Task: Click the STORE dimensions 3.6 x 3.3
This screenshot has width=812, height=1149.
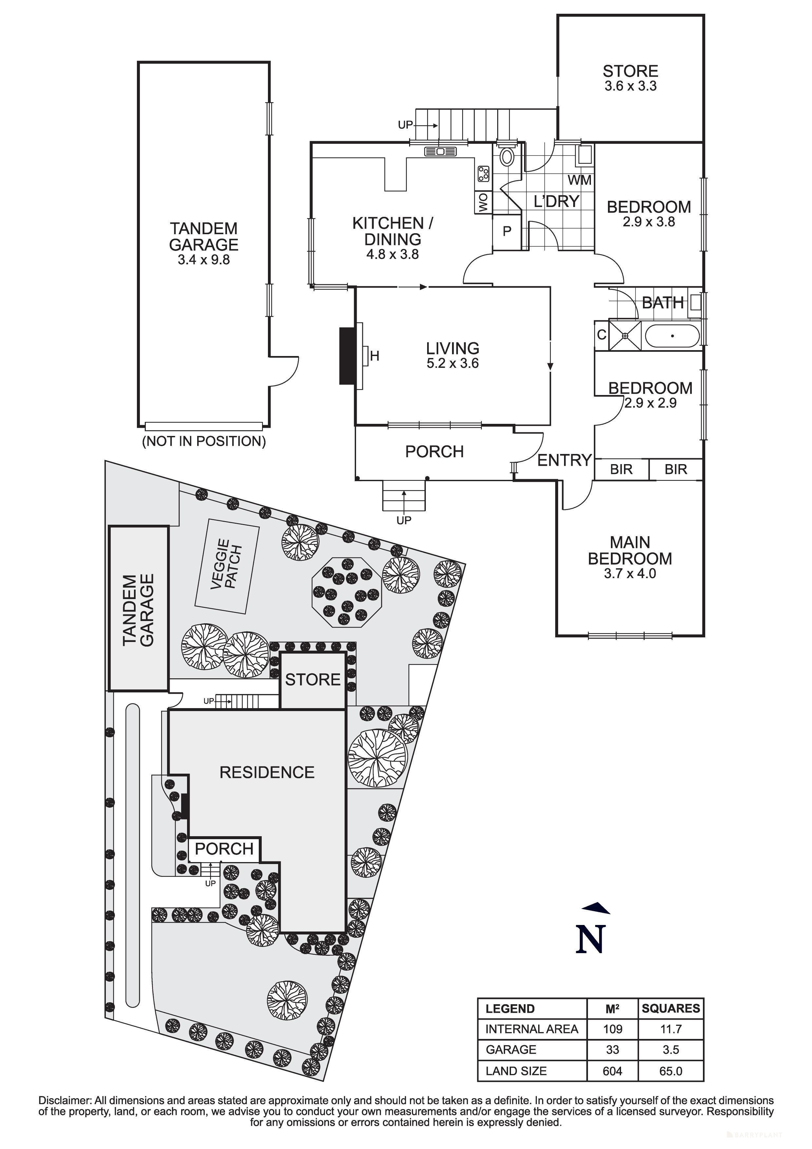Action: click(x=631, y=86)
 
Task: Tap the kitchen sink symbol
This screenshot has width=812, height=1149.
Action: click(x=441, y=151)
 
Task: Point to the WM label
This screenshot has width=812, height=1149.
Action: click(x=579, y=180)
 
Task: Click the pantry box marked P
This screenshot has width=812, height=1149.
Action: click(x=507, y=232)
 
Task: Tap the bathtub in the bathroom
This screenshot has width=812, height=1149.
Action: click(x=672, y=336)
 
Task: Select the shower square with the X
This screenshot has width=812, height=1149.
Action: click(x=625, y=336)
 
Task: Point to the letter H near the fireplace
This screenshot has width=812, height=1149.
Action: click(x=375, y=356)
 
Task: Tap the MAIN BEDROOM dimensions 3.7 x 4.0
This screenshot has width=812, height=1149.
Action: click(x=630, y=574)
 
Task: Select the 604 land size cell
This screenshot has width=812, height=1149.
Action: click(x=613, y=1071)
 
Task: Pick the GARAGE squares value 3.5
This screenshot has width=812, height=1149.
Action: click(x=670, y=1049)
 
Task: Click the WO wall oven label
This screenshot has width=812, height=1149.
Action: click(x=483, y=203)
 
